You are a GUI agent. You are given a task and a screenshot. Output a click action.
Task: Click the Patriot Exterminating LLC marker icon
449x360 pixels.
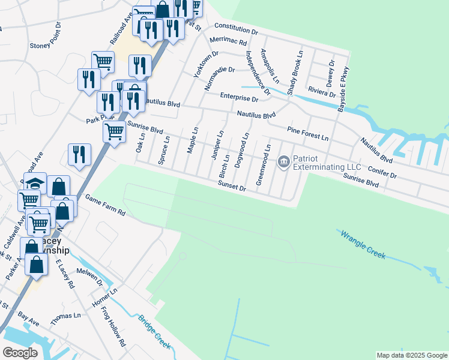tap(283, 161)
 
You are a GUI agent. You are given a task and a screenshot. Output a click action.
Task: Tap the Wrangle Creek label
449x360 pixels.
tap(364, 245)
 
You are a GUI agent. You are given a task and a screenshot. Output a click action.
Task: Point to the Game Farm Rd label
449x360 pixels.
tap(104, 205)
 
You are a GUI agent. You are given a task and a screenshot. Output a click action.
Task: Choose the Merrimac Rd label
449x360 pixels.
tap(229, 43)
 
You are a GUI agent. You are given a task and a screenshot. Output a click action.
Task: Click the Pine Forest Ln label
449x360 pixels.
tap(307, 133)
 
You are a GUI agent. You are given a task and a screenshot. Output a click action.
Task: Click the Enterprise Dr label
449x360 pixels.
tap(238, 97)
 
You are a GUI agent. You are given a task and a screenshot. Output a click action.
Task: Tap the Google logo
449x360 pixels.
tap(20, 352)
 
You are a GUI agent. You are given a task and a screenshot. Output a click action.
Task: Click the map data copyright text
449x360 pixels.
tap(411, 355)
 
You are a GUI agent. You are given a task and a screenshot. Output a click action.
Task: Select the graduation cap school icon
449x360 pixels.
tap(35, 183)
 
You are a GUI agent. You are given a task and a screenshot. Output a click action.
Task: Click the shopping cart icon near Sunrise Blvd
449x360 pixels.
tap(113, 130)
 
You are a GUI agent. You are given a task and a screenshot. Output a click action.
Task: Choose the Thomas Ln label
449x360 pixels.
tap(65, 319)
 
